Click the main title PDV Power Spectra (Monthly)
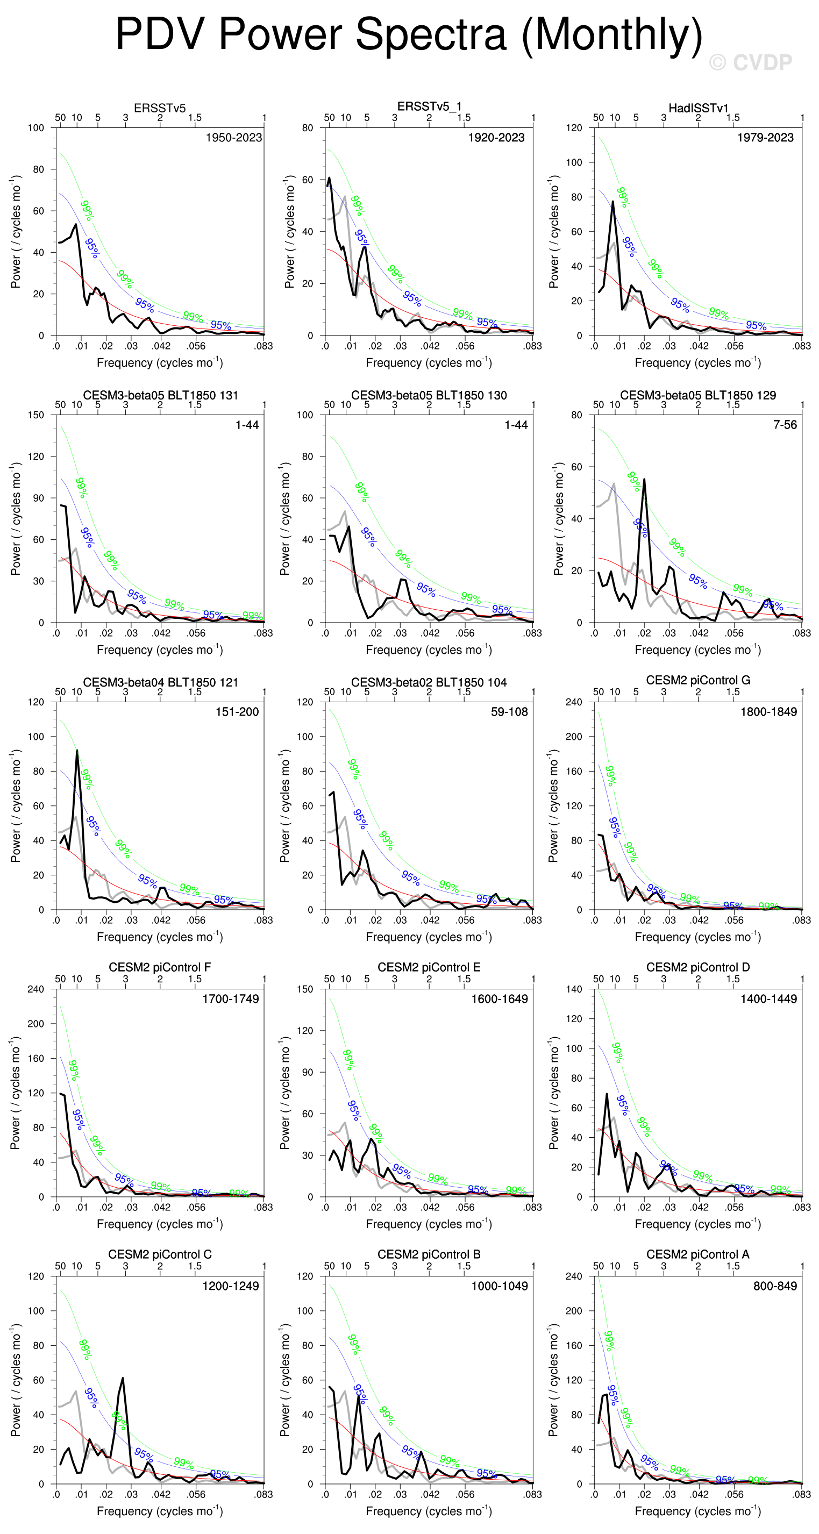(409, 34)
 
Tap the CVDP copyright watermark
(751, 62)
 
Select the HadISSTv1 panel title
(698, 108)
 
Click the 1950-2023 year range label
(233, 138)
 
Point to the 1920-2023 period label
(496, 138)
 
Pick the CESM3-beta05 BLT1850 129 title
(698, 395)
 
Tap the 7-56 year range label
(785, 425)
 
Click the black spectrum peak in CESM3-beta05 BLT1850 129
(644, 480)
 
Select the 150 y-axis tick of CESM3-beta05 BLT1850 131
(37, 415)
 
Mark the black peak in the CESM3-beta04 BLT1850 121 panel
(77, 751)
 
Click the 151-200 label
(237, 711)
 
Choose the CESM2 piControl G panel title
(698, 680)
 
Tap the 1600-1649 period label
(499, 998)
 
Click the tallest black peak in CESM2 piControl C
(123, 1379)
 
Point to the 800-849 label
(775, 1286)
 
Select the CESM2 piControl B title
(429, 1254)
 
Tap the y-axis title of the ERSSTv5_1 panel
(289, 232)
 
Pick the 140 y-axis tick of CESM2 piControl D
(574, 989)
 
